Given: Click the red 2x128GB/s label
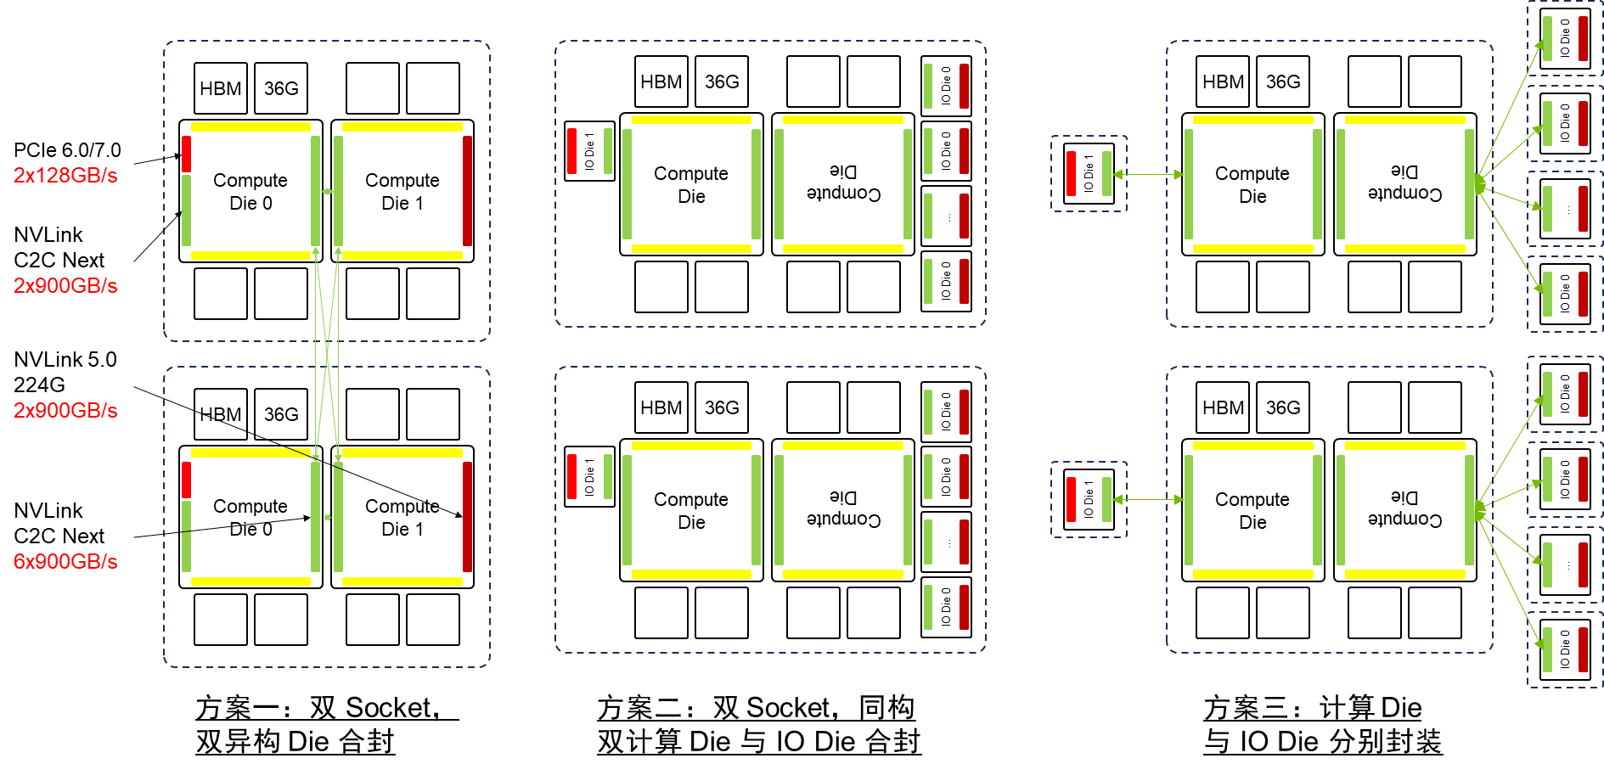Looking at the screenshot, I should click(65, 176).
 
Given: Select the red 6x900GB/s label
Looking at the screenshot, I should click(65, 561).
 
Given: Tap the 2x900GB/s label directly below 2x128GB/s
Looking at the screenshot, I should click(65, 286).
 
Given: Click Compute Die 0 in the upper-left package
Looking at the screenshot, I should click(250, 192).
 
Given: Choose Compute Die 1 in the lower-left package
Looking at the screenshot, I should click(402, 518).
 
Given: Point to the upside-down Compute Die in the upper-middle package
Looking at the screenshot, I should click(843, 184).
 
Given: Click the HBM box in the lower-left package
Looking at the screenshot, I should click(221, 414).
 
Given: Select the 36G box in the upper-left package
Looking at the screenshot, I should click(281, 88).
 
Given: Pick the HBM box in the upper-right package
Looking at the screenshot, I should click(1223, 81).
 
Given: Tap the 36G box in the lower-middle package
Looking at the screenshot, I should click(722, 407).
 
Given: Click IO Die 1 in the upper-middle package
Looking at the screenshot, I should click(589, 151).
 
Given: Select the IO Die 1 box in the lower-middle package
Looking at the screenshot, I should click(589, 476).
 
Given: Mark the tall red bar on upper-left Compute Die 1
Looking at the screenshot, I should click(467, 191).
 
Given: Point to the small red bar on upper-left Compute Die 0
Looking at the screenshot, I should click(186, 154).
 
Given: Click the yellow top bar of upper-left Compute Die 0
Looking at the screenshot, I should click(250, 127).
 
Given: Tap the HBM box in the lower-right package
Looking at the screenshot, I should click(1223, 407).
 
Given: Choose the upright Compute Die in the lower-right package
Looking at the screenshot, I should click(1252, 510).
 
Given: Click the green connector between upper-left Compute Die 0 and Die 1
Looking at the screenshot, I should click(327, 191).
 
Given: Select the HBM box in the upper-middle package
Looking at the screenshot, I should click(661, 81).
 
